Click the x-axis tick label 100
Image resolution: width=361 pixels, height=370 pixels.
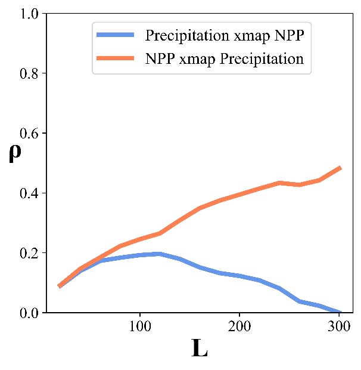click(x=139, y=327)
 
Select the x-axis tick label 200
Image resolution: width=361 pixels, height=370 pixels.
click(x=239, y=327)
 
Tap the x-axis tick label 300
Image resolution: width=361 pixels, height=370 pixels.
click(x=339, y=327)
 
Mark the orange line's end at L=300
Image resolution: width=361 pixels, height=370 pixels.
click(x=340, y=168)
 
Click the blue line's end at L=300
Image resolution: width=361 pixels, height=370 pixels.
click(x=340, y=312)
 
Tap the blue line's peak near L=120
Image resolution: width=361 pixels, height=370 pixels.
click(x=160, y=254)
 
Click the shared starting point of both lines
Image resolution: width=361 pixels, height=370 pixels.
click(x=60, y=286)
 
